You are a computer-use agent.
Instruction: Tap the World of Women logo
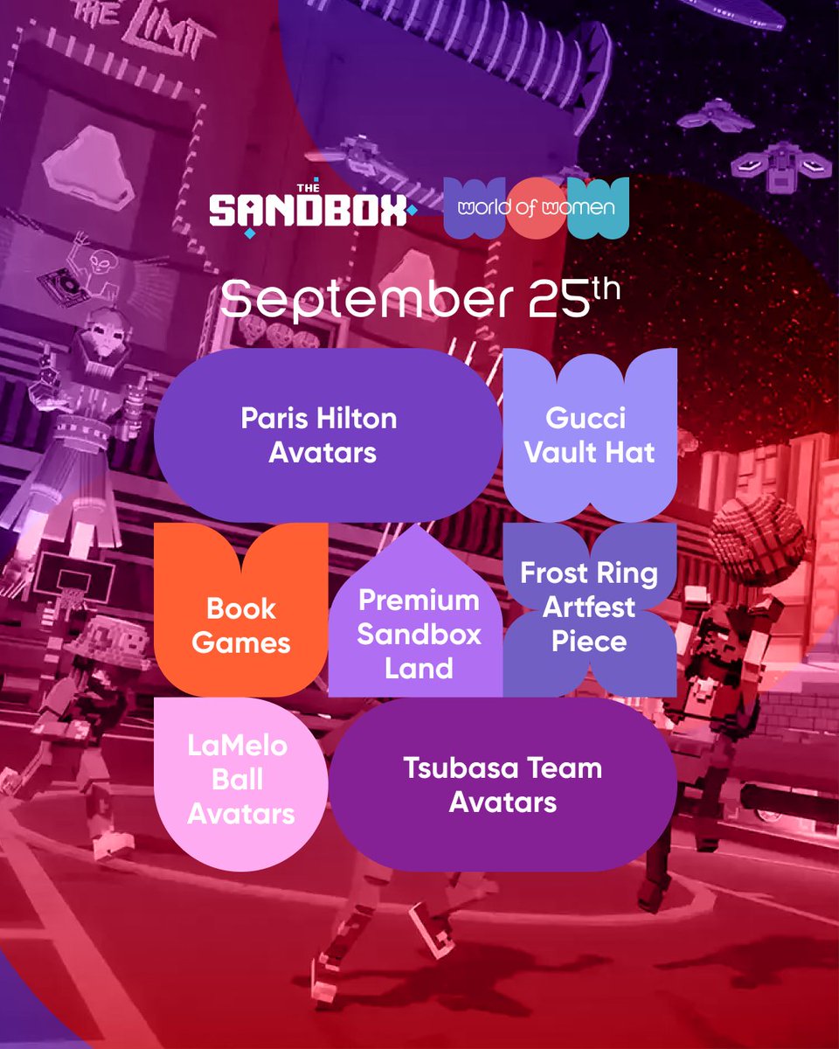pos(537,208)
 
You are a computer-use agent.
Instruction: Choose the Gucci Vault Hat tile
pos(590,435)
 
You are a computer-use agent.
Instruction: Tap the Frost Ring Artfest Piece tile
pos(590,608)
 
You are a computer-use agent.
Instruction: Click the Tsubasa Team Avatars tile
pos(503,784)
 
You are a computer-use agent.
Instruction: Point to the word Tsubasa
pos(454,768)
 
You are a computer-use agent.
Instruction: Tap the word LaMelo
pos(237,747)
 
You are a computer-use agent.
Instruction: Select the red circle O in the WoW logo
pos(537,208)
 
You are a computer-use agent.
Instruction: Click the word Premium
pos(419,601)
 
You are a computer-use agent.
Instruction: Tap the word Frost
pos(556,573)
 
